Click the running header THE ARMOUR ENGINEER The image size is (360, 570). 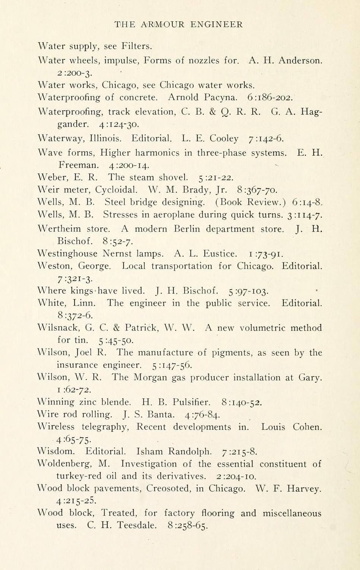178,25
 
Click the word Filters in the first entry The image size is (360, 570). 136,46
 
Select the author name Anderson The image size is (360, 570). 300,60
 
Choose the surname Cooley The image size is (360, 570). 224,139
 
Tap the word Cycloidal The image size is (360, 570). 116,190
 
